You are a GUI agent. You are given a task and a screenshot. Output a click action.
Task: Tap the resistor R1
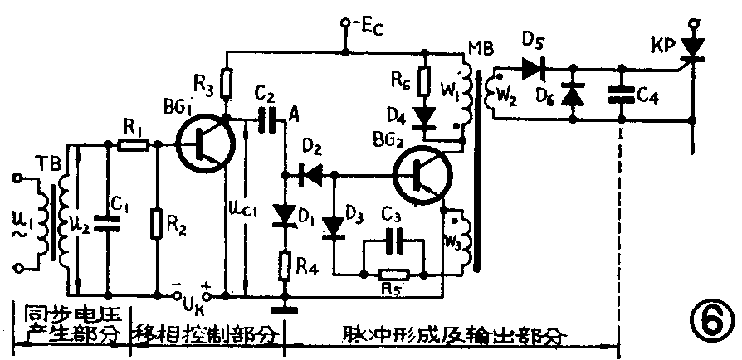tap(132, 145)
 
